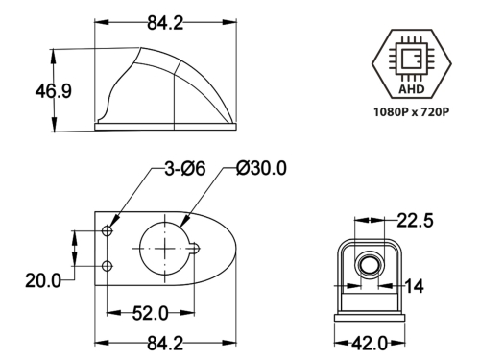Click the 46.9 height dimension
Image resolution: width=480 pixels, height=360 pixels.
click(x=54, y=91)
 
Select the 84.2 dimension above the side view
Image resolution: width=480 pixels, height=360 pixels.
click(x=165, y=23)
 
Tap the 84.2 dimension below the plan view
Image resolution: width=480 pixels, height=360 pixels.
click(x=165, y=344)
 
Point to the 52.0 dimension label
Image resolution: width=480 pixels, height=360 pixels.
click(x=150, y=313)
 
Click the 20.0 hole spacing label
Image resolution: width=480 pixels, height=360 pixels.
click(x=43, y=280)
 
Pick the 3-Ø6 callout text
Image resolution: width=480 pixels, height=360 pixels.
click(x=185, y=168)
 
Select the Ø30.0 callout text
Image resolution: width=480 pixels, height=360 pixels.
click(x=261, y=168)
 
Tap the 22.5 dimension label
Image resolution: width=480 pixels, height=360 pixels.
click(x=415, y=221)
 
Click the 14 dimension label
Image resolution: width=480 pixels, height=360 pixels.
click(x=415, y=286)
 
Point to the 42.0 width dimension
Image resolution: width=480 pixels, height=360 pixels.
click(x=370, y=344)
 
